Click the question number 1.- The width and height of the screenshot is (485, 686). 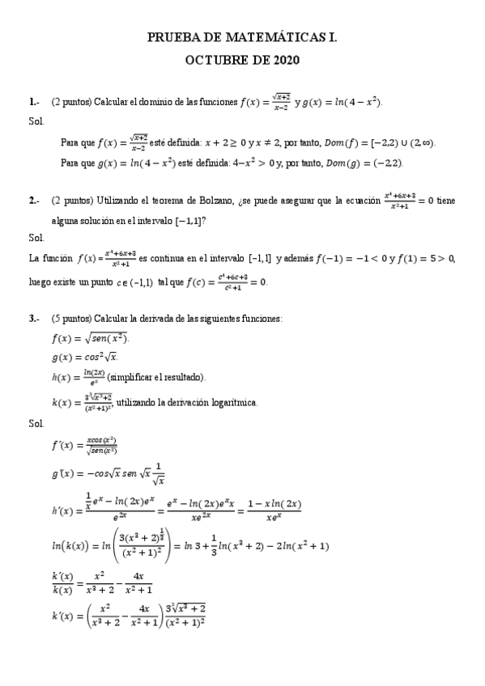(34, 103)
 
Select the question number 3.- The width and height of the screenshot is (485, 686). (34, 320)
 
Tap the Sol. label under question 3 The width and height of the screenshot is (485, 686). (36, 423)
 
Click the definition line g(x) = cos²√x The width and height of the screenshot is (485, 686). (85, 357)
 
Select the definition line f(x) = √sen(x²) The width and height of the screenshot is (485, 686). (90, 338)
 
